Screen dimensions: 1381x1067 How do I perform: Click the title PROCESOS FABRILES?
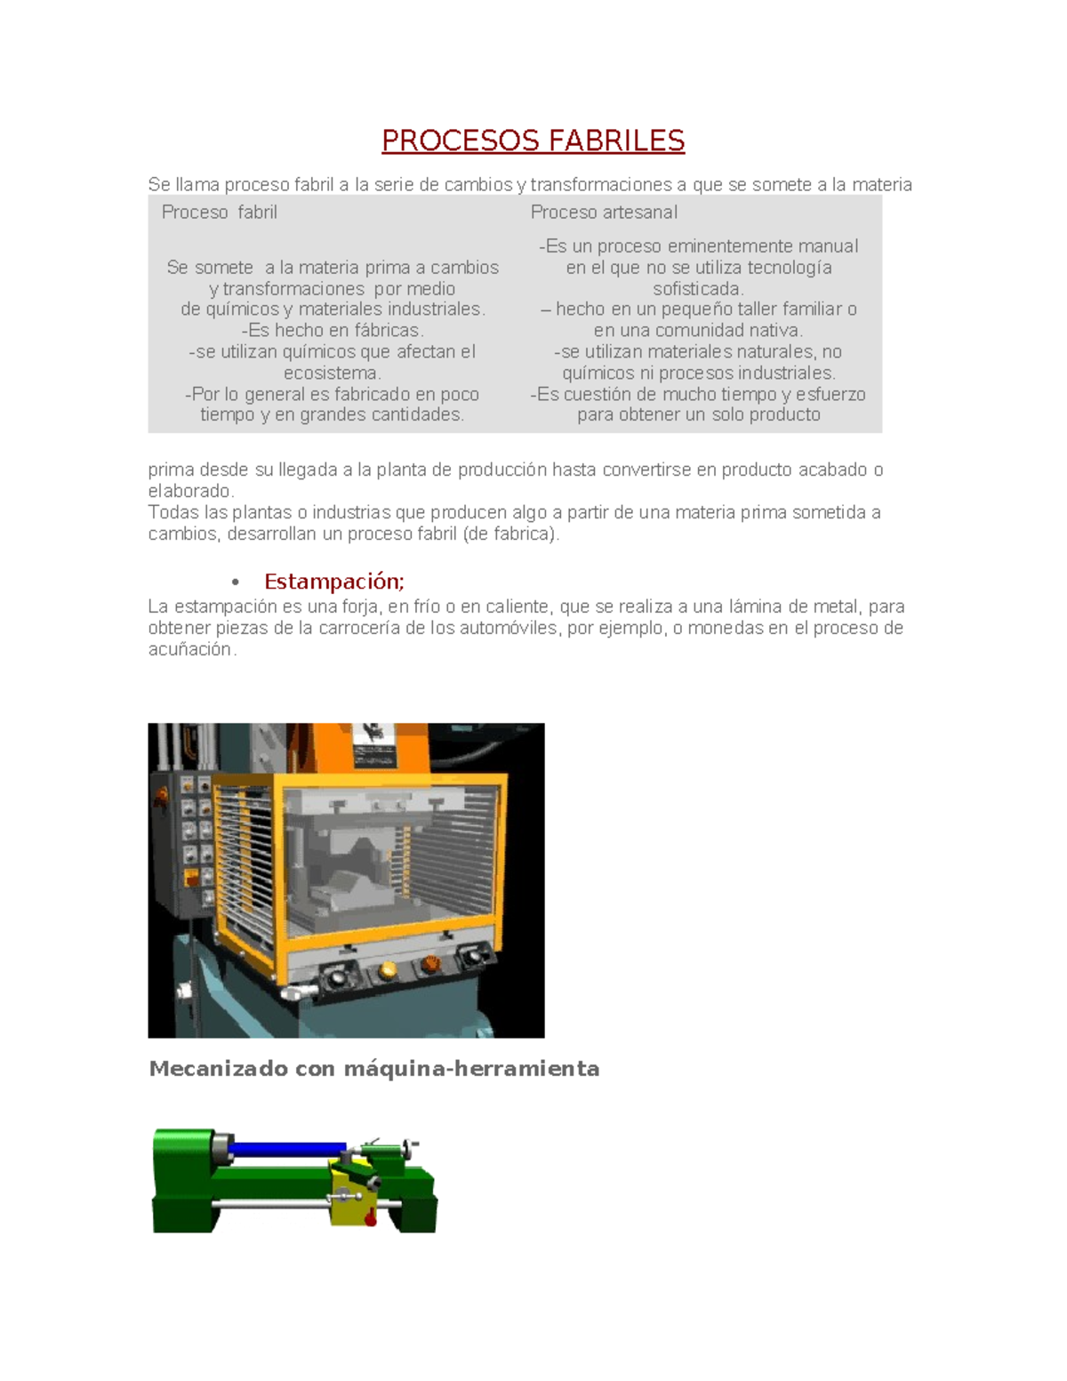point(533,141)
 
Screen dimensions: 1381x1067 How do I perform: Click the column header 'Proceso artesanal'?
point(604,213)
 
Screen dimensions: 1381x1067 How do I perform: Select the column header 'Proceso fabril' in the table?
point(219,213)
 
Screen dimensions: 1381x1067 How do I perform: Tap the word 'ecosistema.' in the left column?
point(332,373)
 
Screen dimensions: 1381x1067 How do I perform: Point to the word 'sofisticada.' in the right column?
point(698,289)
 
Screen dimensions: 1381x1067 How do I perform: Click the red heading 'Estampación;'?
point(334,582)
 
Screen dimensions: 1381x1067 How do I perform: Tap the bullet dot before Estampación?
point(236,582)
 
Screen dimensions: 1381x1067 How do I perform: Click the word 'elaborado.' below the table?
point(190,492)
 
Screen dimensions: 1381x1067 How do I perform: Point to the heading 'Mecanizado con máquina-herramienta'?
point(373,1069)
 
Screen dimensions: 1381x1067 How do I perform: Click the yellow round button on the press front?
point(388,970)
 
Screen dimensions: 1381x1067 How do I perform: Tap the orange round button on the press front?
point(431,963)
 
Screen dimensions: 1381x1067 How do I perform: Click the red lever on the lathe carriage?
point(370,1219)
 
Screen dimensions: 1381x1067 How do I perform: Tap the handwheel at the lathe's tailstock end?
point(408,1147)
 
